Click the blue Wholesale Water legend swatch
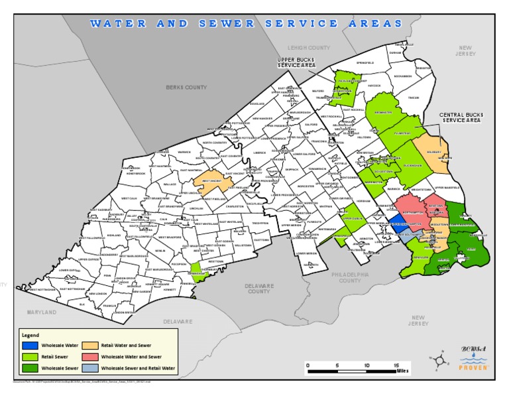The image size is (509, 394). tap(30, 346)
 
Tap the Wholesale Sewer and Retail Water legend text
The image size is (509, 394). tap(139, 367)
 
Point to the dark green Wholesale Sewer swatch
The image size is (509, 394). tap(30, 367)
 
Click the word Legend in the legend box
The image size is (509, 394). tap(30, 335)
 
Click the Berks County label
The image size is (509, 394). tap(186, 87)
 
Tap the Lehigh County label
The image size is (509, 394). tap(309, 48)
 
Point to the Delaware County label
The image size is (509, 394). tap(258, 289)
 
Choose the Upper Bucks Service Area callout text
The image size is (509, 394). tap(296, 63)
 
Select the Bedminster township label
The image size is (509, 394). tap(383, 113)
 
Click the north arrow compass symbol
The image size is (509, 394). tap(438, 360)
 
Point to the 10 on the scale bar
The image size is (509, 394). tap(367, 365)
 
